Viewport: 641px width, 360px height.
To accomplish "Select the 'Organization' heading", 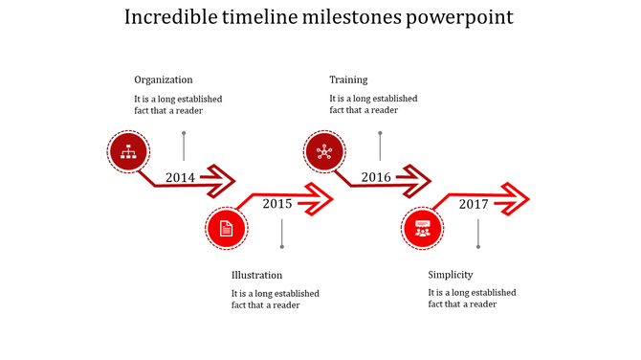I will point(163,79).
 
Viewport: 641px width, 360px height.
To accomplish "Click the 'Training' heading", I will point(348,79).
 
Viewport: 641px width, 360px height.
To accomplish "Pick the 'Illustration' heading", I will point(256,275).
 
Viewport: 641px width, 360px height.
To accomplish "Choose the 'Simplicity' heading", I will point(450,275).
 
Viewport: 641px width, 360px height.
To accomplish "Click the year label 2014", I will point(180,177).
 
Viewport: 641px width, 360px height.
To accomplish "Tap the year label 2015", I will point(277,203).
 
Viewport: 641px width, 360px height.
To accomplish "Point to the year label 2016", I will point(376,177).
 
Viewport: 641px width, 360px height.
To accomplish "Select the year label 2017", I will point(474,203).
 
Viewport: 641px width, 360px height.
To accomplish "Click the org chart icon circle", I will point(127,151).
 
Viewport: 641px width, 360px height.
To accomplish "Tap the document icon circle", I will point(227,229).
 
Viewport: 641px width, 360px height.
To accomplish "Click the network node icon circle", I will point(325,151).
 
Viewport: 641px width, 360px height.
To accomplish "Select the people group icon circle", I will point(422,229).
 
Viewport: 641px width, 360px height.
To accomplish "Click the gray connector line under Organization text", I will point(184,146).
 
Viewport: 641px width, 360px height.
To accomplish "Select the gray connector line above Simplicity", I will point(478,235).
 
